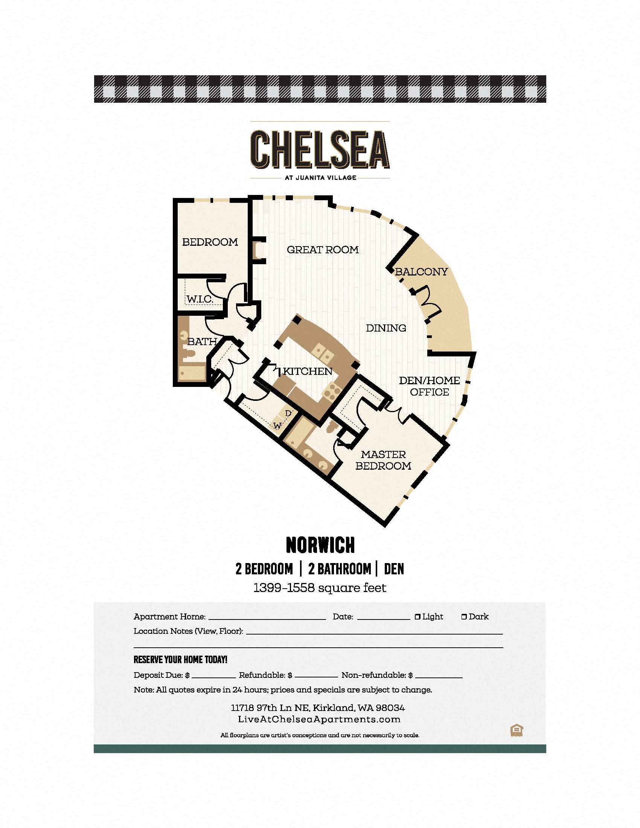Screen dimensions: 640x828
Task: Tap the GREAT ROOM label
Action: pyautogui.click(x=323, y=250)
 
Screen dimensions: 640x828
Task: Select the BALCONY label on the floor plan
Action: pyautogui.click(x=421, y=271)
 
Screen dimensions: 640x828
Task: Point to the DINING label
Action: pyautogui.click(x=386, y=328)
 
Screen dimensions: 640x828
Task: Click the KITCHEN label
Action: pyautogui.click(x=308, y=371)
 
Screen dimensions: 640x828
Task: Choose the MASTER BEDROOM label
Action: pyautogui.click(x=383, y=460)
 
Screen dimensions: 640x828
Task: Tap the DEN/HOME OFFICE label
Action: pyautogui.click(x=430, y=386)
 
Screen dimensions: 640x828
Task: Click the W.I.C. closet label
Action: pyautogui.click(x=200, y=299)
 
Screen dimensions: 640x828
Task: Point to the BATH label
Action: pyautogui.click(x=202, y=342)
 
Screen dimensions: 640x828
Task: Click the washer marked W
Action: pyautogui.click(x=278, y=426)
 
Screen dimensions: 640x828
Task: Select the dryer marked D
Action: pyautogui.click(x=288, y=413)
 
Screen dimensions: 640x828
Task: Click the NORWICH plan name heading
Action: pyautogui.click(x=320, y=545)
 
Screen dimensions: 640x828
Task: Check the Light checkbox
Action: pyautogui.click(x=418, y=617)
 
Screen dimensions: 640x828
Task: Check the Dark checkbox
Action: pyautogui.click(x=464, y=617)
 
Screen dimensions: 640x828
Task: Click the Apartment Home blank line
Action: pyautogui.click(x=267, y=619)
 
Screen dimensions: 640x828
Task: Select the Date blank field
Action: pyautogui.click(x=384, y=619)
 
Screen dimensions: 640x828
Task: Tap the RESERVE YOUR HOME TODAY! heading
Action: pyautogui.click(x=180, y=660)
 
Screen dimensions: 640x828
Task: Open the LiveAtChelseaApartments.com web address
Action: pyautogui.click(x=319, y=719)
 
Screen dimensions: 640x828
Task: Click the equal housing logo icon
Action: pyautogui.click(x=517, y=731)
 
